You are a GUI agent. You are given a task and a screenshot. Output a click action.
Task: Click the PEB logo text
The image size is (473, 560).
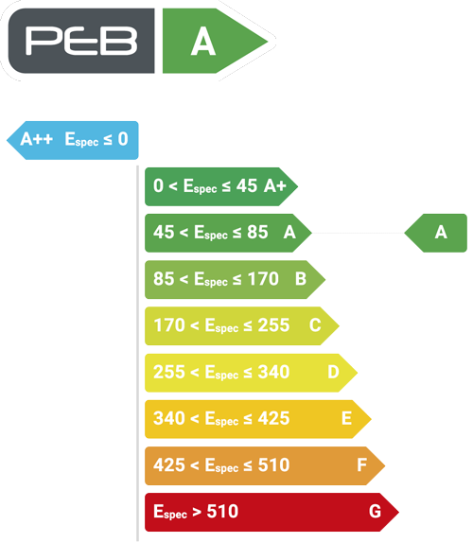(81, 41)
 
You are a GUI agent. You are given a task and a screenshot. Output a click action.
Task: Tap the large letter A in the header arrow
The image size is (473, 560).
(203, 42)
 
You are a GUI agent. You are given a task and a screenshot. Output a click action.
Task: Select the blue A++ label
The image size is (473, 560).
(37, 138)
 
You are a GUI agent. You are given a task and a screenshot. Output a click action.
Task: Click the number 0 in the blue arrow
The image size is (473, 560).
(123, 138)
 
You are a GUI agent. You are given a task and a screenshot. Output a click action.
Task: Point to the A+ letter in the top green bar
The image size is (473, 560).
(275, 185)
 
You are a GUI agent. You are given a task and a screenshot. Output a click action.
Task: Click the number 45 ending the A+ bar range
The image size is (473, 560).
(247, 185)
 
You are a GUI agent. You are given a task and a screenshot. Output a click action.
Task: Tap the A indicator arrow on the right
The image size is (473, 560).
(435, 233)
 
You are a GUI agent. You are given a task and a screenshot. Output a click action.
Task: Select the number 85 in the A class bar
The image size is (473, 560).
(257, 232)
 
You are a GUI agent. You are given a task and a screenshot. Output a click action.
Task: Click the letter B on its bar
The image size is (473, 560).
(301, 279)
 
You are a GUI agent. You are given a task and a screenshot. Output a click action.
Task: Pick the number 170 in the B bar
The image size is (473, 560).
(263, 279)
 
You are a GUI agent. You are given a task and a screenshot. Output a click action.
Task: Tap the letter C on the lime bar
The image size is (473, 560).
(315, 325)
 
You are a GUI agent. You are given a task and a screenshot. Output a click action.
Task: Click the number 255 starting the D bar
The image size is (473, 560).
(169, 372)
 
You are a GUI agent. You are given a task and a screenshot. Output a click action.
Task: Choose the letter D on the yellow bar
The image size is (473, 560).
(333, 372)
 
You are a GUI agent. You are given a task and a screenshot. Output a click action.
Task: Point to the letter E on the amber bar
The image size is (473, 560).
(346, 418)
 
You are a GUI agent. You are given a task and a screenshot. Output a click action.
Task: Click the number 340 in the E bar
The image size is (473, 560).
(169, 418)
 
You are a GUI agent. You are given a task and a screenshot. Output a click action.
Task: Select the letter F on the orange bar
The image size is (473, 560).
(361, 465)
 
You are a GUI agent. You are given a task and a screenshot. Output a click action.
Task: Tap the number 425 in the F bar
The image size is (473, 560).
(169, 465)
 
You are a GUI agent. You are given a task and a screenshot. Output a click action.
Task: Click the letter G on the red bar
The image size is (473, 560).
(376, 512)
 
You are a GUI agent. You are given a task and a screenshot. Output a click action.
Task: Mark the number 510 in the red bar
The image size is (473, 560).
(222, 512)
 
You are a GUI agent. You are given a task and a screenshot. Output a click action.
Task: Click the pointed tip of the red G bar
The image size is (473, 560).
(398, 512)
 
